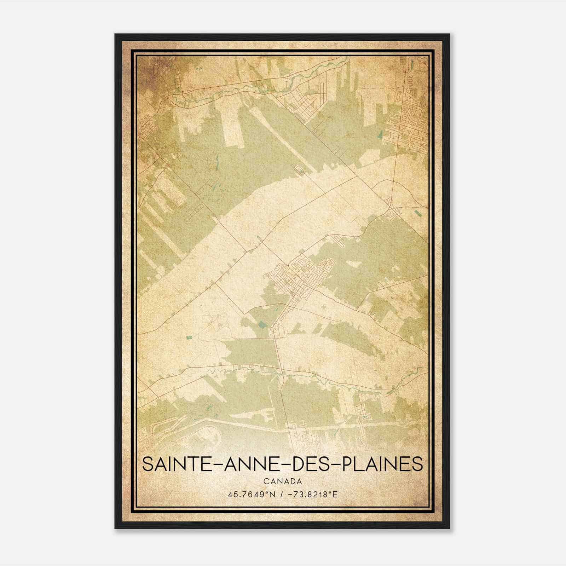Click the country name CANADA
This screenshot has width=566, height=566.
click(283, 481)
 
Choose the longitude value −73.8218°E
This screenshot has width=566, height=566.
click(314, 494)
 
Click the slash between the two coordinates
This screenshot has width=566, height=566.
click(282, 494)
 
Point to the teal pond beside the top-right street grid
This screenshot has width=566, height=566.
click(380, 134)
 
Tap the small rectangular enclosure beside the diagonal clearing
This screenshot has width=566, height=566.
click(301, 171)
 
